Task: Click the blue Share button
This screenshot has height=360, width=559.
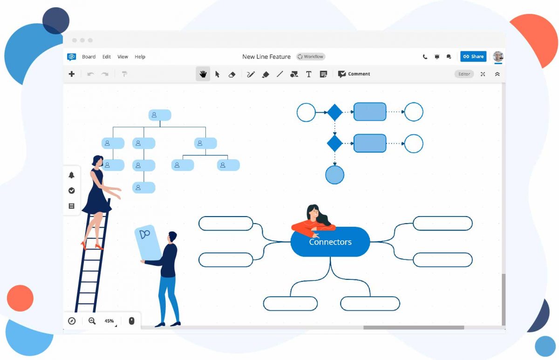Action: pyautogui.click(x=473, y=56)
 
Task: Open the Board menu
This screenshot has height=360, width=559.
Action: pyautogui.click(x=89, y=57)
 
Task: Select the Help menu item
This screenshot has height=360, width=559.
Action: pyautogui.click(x=140, y=57)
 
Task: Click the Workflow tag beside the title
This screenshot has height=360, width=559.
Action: pyautogui.click(x=311, y=57)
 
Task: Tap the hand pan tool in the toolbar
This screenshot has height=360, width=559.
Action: pyautogui.click(x=203, y=74)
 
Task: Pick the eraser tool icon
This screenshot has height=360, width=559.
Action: pyautogui.click(x=232, y=74)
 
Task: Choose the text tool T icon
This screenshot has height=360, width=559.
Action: pyautogui.click(x=309, y=74)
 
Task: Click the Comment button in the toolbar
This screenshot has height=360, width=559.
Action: pyautogui.click(x=354, y=74)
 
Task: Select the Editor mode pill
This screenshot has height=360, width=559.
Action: pyautogui.click(x=464, y=74)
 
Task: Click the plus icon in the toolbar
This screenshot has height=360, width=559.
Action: pyautogui.click(x=72, y=74)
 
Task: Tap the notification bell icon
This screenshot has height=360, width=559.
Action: pyautogui.click(x=71, y=175)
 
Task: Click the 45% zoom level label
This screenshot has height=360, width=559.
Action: pyautogui.click(x=109, y=321)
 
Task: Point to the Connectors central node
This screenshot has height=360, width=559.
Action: pyautogui.click(x=330, y=242)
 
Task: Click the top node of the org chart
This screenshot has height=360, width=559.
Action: pyautogui.click(x=160, y=115)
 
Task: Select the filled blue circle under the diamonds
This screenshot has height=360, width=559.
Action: pyautogui.click(x=334, y=175)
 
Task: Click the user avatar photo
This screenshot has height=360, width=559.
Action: pyautogui.click(x=498, y=56)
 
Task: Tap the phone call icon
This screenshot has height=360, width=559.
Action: pyautogui.click(x=425, y=57)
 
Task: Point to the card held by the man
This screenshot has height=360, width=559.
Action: pyautogui.click(x=148, y=243)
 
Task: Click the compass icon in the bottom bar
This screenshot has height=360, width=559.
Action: pyautogui.click(x=72, y=321)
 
